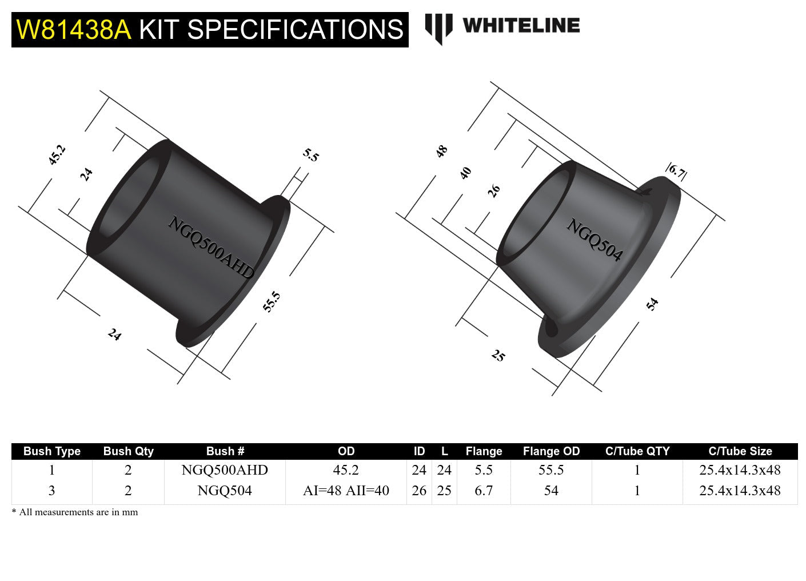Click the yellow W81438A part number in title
coord(74,30)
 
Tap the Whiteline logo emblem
coord(438,28)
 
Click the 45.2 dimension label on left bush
coord(57,155)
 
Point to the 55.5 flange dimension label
coord(272,301)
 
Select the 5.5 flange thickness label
coord(311,155)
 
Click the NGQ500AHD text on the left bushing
coord(210,248)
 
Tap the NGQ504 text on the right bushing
coord(594,240)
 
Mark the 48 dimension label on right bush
coord(441,152)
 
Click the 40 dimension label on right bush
coord(466,173)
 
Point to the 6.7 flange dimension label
coord(676,171)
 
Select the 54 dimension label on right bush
coord(652,304)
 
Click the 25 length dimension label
coord(498,356)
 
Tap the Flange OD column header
coord(551,451)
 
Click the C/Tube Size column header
coord(740,451)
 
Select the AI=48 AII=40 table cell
coord(346,491)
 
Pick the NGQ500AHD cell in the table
coord(225,470)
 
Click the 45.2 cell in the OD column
coord(346,470)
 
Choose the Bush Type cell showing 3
coord(52,491)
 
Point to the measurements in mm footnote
coord(75,512)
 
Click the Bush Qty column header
coord(128,451)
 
